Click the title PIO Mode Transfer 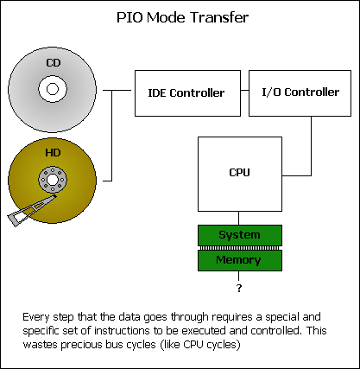click(x=182, y=17)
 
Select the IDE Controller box click(x=187, y=93)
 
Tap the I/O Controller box click(x=300, y=93)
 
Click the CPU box click(x=240, y=174)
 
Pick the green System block click(x=240, y=235)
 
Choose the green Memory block click(x=240, y=260)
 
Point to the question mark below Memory click(x=239, y=288)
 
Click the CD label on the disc click(x=54, y=63)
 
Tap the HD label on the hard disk click(x=53, y=152)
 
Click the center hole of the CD click(x=53, y=89)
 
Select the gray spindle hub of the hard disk click(x=53, y=180)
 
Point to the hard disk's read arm click(x=31, y=210)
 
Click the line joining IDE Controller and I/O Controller click(x=244, y=90)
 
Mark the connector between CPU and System click(x=238, y=218)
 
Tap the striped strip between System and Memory click(x=240, y=248)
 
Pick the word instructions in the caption click(x=122, y=330)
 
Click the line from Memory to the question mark click(x=238, y=276)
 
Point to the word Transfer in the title click(x=219, y=17)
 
